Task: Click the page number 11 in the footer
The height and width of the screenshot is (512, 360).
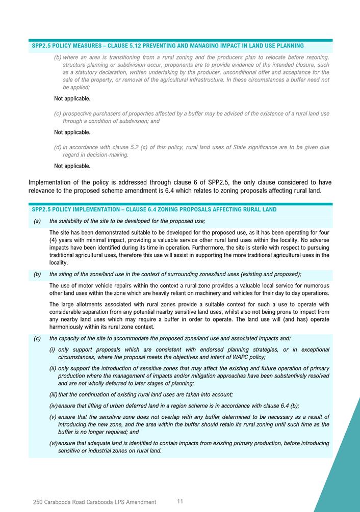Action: coord(180,501)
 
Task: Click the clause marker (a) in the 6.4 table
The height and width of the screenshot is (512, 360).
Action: coord(37,221)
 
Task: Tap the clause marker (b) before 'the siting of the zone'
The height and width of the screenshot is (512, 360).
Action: coord(37,274)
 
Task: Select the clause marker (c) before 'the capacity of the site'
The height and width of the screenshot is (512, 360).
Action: coord(37,338)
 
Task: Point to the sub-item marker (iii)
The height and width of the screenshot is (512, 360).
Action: coord(53,394)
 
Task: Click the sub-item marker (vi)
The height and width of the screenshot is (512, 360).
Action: coord(53,443)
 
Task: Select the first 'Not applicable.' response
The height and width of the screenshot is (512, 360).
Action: coord(72,98)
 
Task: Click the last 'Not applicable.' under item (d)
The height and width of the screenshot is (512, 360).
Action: coord(72,166)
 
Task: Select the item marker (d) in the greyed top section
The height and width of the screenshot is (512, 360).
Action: coord(58,147)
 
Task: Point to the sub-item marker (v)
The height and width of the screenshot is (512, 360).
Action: coord(53,417)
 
